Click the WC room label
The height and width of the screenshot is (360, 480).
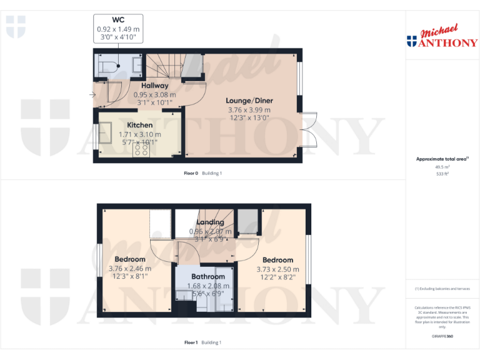coord(118,20)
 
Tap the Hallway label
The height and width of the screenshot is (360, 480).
coord(154,86)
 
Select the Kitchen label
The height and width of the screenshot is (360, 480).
coord(140,125)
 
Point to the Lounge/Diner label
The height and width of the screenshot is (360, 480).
coord(250,101)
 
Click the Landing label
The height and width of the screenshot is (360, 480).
coord(210,222)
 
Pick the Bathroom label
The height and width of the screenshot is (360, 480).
coord(208,276)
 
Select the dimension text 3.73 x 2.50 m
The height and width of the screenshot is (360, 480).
coord(277,270)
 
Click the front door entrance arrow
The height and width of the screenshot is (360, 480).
coord(92,95)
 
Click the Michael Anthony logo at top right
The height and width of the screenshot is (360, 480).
coord(442,37)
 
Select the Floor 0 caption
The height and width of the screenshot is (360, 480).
coord(191,173)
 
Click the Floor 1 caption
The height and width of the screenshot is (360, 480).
coord(191,342)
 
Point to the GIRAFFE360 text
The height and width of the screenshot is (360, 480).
coord(441,337)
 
